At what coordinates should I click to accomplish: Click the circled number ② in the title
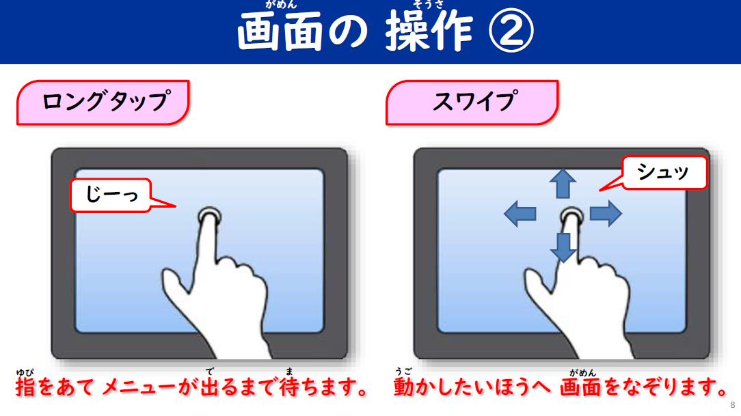tap(511, 31)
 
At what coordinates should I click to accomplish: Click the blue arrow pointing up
tap(563, 184)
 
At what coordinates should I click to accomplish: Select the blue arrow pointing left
tap(520, 213)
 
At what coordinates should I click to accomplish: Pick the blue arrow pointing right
tap(606, 213)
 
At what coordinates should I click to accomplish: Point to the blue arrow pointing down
tap(563, 247)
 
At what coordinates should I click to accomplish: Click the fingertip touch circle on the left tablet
tap(209, 217)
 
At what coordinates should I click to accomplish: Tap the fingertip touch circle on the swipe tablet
tap(572, 217)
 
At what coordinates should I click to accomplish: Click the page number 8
tap(733, 405)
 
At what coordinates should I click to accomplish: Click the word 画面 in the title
tap(280, 31)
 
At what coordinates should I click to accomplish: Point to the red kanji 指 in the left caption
tap(25, 387)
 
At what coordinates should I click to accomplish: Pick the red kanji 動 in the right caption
tap(403, 387)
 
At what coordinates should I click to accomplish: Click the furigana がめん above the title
tap(281, 5)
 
